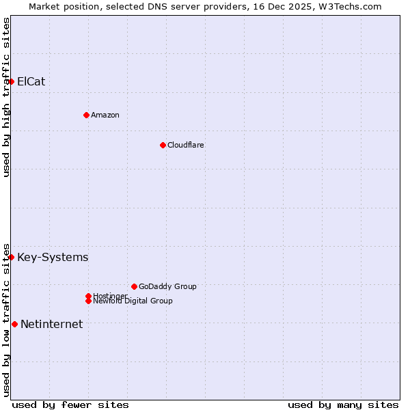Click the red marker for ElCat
pos(11,81)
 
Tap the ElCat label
pos(31,82)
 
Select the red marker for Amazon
pos(86,115)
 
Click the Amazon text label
pos(105,115)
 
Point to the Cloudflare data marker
pos(163,145)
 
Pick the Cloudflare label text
pos(185,145)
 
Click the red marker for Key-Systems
pos(11,257)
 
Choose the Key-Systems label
pos(53,258)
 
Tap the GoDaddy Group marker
pos(134,286)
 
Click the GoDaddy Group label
pos(167,286)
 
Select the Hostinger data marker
pos(88,296)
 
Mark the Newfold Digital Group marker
pos(88,301)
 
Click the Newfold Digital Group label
pos(133,301)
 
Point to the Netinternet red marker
pos(14,324)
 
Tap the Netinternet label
pos(51,325)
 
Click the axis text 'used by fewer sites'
pos(70,405)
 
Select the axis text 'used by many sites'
pos(343,405)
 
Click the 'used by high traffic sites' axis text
pos(6,97)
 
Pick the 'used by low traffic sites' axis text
pos(6,319)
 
